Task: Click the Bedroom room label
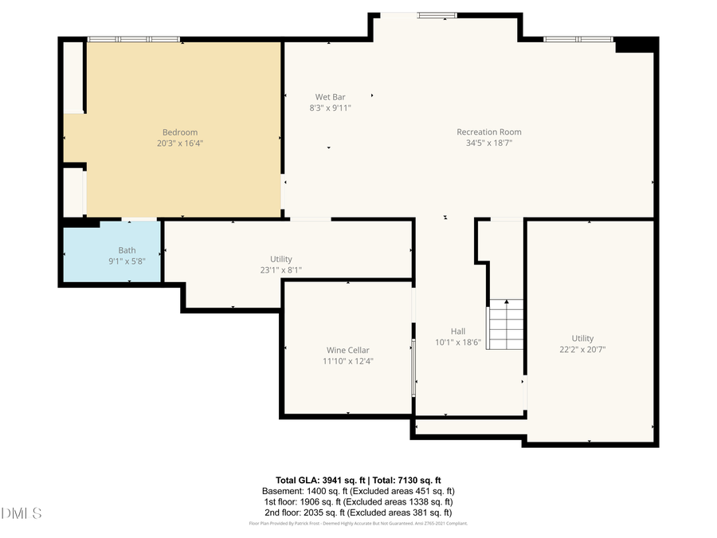point(180,132)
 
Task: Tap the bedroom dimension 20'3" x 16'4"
point(180,143)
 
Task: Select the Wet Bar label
point(330,97)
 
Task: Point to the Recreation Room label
point(488,132)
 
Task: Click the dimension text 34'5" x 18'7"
point(488,143)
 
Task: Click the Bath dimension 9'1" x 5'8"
point(127,261)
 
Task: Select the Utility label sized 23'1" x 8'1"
point(280,259)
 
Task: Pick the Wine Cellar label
point(347,350)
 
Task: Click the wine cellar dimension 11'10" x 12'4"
point(347,361)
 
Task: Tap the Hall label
point(457,332)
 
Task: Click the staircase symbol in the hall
point(505,324)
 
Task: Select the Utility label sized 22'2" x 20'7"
point(582,339)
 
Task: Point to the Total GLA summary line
point(358,481)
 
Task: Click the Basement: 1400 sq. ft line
point(358,491)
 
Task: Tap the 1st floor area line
point(358,502)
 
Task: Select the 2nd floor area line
point(358,512)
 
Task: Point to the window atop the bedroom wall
point(133,39)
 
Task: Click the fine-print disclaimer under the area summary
point(358,524)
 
